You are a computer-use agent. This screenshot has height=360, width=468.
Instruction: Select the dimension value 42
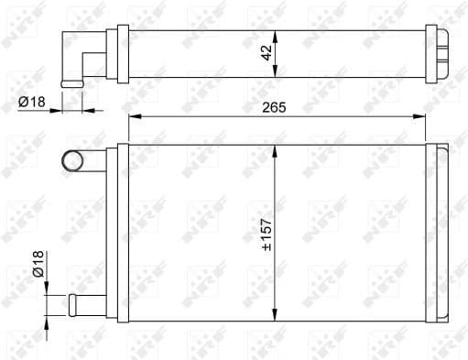point(265,54)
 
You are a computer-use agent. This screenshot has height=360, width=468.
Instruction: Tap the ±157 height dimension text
point(266,234)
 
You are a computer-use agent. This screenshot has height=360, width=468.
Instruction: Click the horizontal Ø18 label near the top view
point(29,103)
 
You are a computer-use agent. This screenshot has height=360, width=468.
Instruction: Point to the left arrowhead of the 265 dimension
point(134,116)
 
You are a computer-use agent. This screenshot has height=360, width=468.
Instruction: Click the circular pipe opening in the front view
point(72,161)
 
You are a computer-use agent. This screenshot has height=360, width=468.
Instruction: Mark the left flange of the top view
point(112,55)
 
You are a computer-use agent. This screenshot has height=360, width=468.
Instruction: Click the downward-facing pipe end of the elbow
point(71,84)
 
